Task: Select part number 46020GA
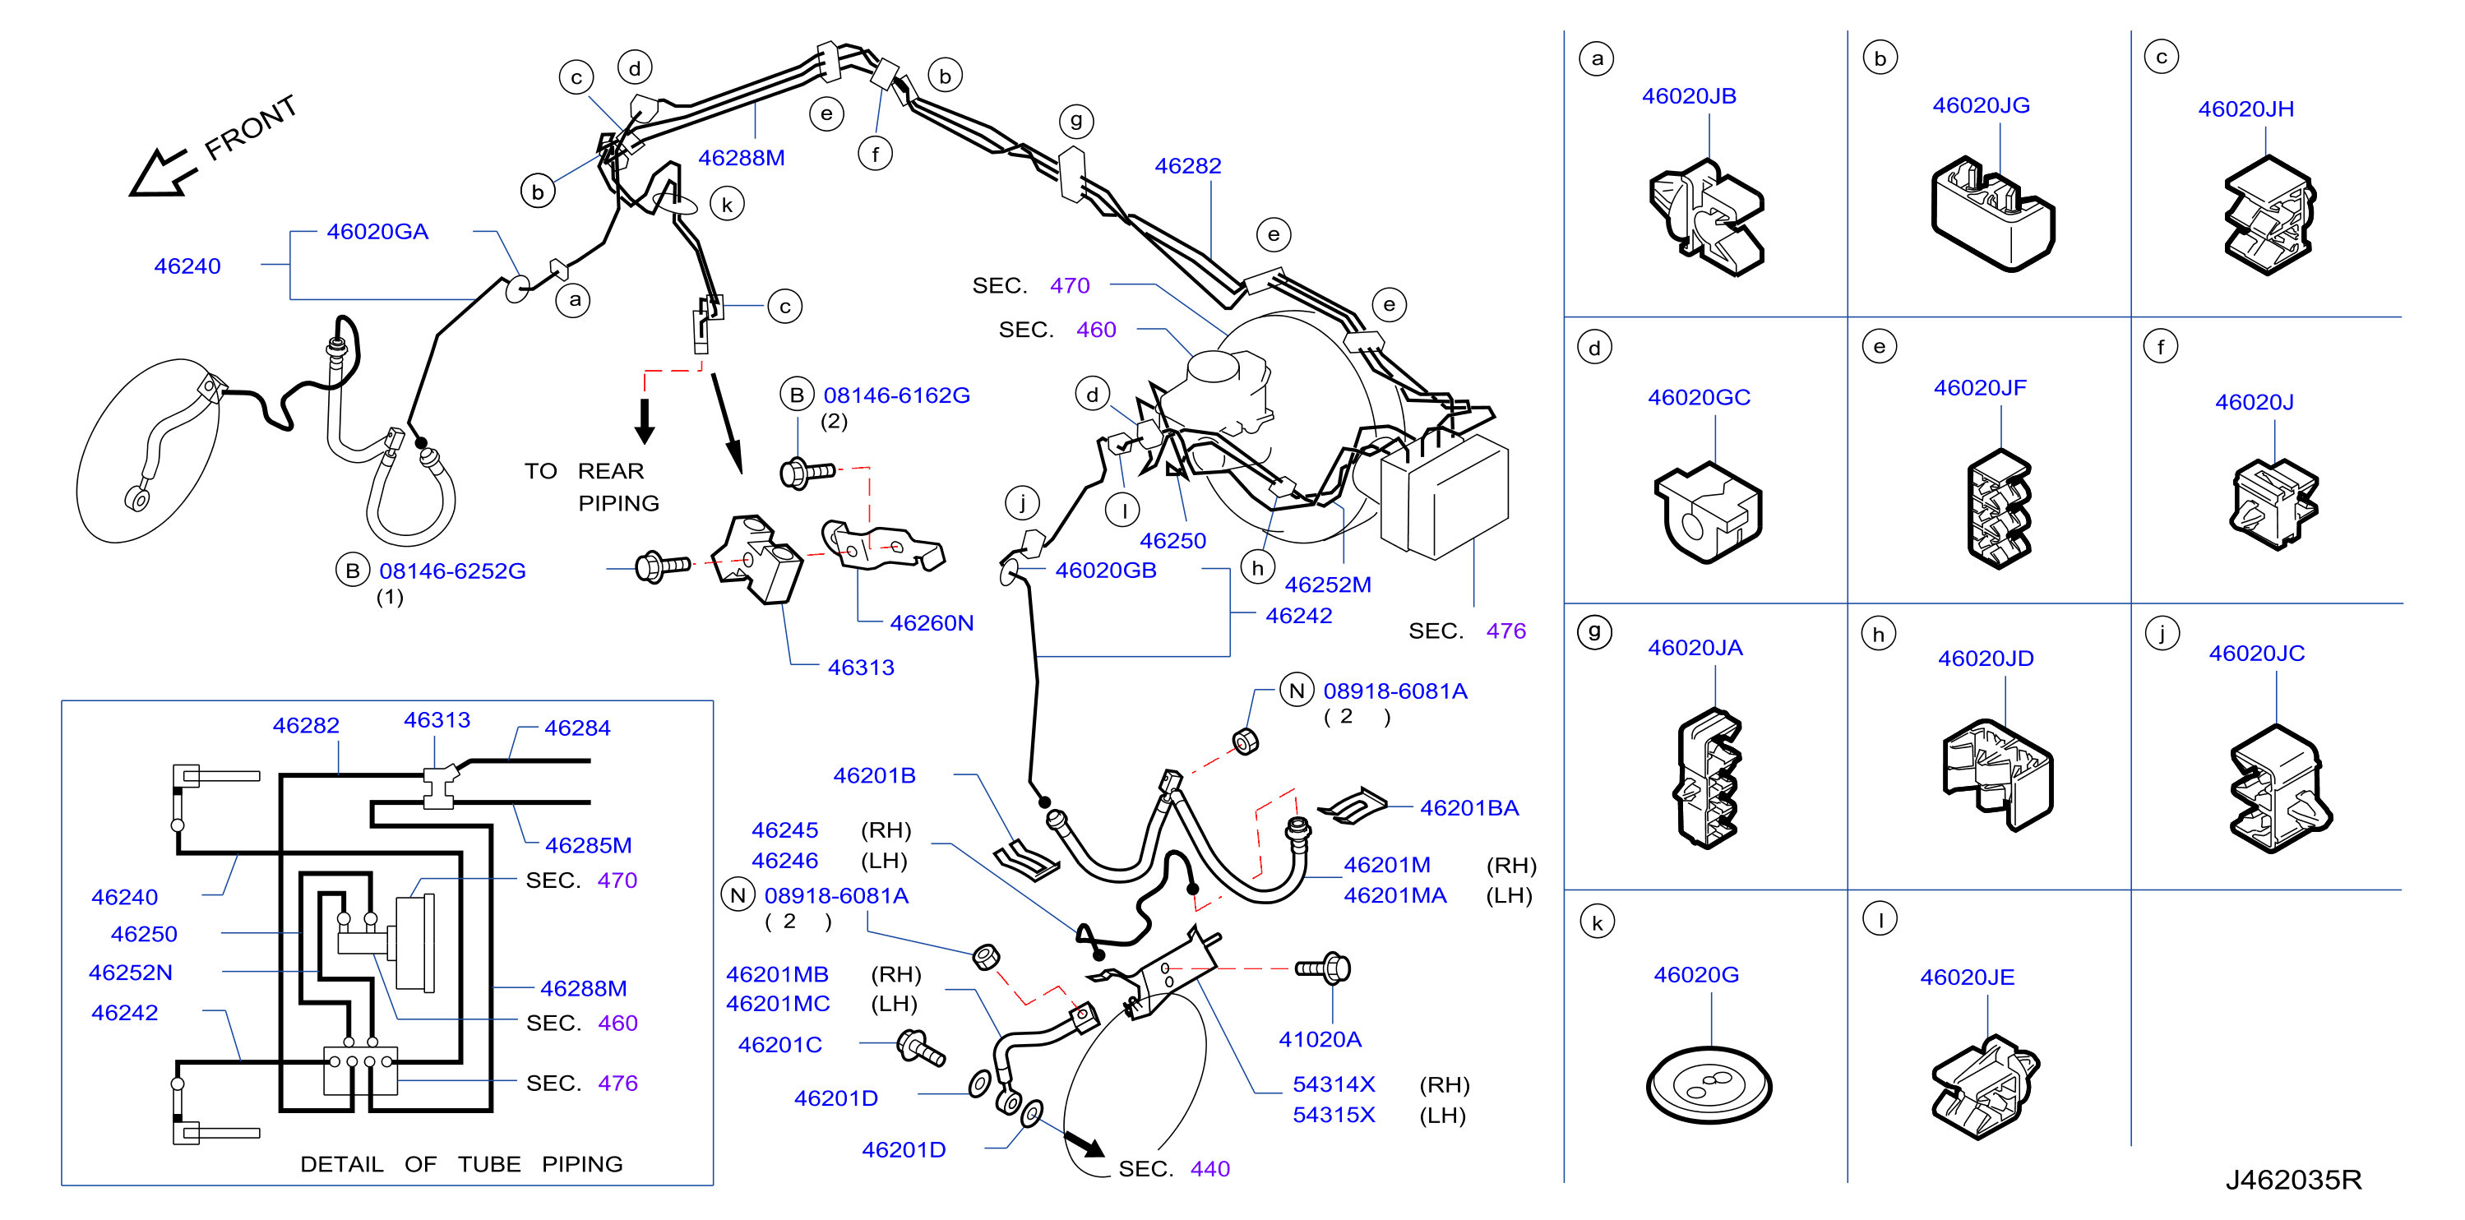(x=377, y=232)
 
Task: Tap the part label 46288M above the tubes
(x=741, y=158)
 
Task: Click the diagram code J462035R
(x=2293, y=1180)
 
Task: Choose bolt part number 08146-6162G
(x=896, y=395)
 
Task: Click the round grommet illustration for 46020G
(x=1709, y=1085)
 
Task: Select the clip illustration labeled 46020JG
(x=1992, y=214)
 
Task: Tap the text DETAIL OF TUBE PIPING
(x=461, y=1164)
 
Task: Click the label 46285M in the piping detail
(x=589, y=846)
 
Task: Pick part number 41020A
(x=1320, y=1039)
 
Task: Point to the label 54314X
(x=1333, y=1085)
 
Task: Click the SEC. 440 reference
(x=1174, y=1169)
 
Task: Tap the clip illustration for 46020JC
(x=2280, y=788)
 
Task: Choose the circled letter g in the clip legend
(x=1594, y=632)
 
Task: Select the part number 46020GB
(x=1105, y=571)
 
